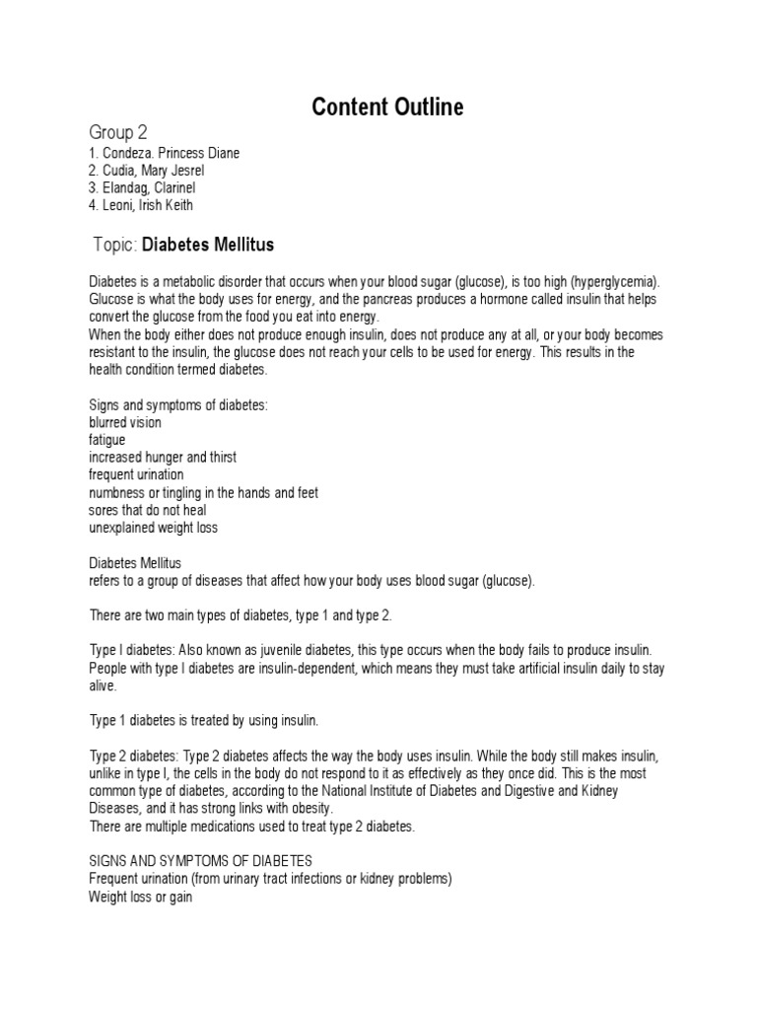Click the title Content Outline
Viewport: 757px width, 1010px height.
point(386,108)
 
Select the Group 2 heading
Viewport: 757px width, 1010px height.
point(118,132)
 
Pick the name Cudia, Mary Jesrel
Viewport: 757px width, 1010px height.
point(147,171)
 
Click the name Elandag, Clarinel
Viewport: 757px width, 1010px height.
point(142,188)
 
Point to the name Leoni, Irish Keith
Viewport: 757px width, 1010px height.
point(141,205)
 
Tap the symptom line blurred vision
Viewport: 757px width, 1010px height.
point(125,422)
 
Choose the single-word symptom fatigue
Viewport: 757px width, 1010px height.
point(106,440)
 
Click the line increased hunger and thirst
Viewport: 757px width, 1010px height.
point(163,458)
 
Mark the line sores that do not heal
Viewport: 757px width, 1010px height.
point(147,510)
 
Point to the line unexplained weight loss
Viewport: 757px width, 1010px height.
point(154,528)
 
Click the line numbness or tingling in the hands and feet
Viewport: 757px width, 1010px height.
point(203,492)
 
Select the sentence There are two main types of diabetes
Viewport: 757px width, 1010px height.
point(241,615)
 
